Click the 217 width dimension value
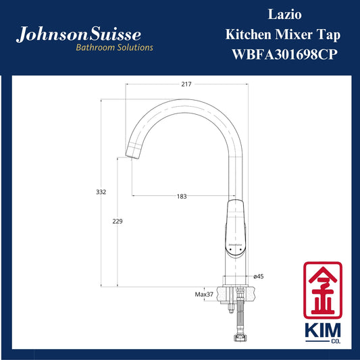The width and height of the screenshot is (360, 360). tap(186, 84)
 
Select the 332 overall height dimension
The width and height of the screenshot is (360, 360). tap(101, 192)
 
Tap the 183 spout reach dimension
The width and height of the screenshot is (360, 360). tap(182, 197)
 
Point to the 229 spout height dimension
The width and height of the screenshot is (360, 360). tap(118, 221)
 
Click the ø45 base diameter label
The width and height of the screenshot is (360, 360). tap(258, 276)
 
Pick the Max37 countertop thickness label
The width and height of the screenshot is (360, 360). tap(204, 294)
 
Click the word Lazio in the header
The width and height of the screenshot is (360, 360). tap(285, 14)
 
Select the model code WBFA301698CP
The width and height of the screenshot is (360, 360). tap(285, 55)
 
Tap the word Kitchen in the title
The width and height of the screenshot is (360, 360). tap(248, 34)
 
